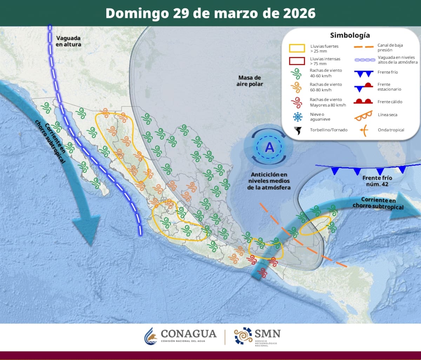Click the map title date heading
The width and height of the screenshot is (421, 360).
pos(210,13)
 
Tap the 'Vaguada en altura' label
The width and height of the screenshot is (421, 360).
pos(68,41)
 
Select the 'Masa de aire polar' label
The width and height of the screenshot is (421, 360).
pos(250,81)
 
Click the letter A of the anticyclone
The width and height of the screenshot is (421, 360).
pos(269,147)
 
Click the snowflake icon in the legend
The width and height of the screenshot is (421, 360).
pos(298,116)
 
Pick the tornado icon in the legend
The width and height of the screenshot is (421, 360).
pos(298,130)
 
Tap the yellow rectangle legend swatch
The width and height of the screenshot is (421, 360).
pos(297,48)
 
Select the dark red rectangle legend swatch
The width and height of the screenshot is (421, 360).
pos(297,61)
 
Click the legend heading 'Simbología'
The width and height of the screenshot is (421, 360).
pos(350,35)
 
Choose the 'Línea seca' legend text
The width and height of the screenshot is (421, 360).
pos(387,115)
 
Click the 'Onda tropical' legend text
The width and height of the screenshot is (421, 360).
pos(391,130)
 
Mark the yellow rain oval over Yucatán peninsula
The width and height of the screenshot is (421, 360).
pos(315,225)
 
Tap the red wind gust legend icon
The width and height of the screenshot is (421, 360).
pos(297,102)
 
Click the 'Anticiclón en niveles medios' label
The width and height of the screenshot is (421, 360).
pos(269,181)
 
